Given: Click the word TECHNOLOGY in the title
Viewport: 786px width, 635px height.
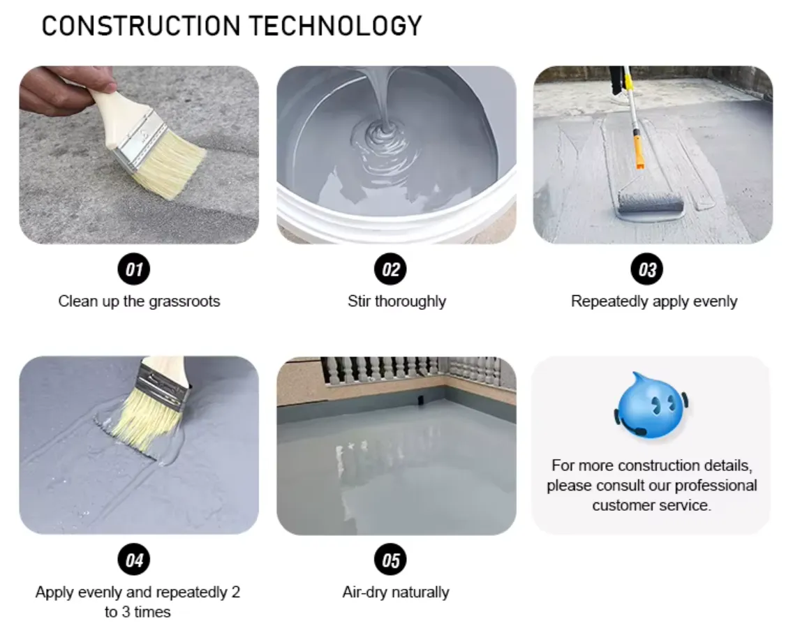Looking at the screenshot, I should click(336, 26).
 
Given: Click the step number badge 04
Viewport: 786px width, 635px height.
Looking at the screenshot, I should click(134, 560).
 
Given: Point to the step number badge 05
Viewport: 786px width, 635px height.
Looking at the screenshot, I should click(391, 560).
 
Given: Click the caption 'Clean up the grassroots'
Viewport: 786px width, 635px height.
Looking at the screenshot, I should click(139, 301).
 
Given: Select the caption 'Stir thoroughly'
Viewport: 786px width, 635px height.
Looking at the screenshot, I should click(396, 301).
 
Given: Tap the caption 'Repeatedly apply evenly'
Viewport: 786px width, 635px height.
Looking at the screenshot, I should click(654, 301).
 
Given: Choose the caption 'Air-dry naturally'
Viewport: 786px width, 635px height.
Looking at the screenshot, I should click(396, 592).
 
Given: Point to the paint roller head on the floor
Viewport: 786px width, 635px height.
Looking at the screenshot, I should click(650, 203).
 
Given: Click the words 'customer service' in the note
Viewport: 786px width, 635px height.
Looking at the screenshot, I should click(651, 505).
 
